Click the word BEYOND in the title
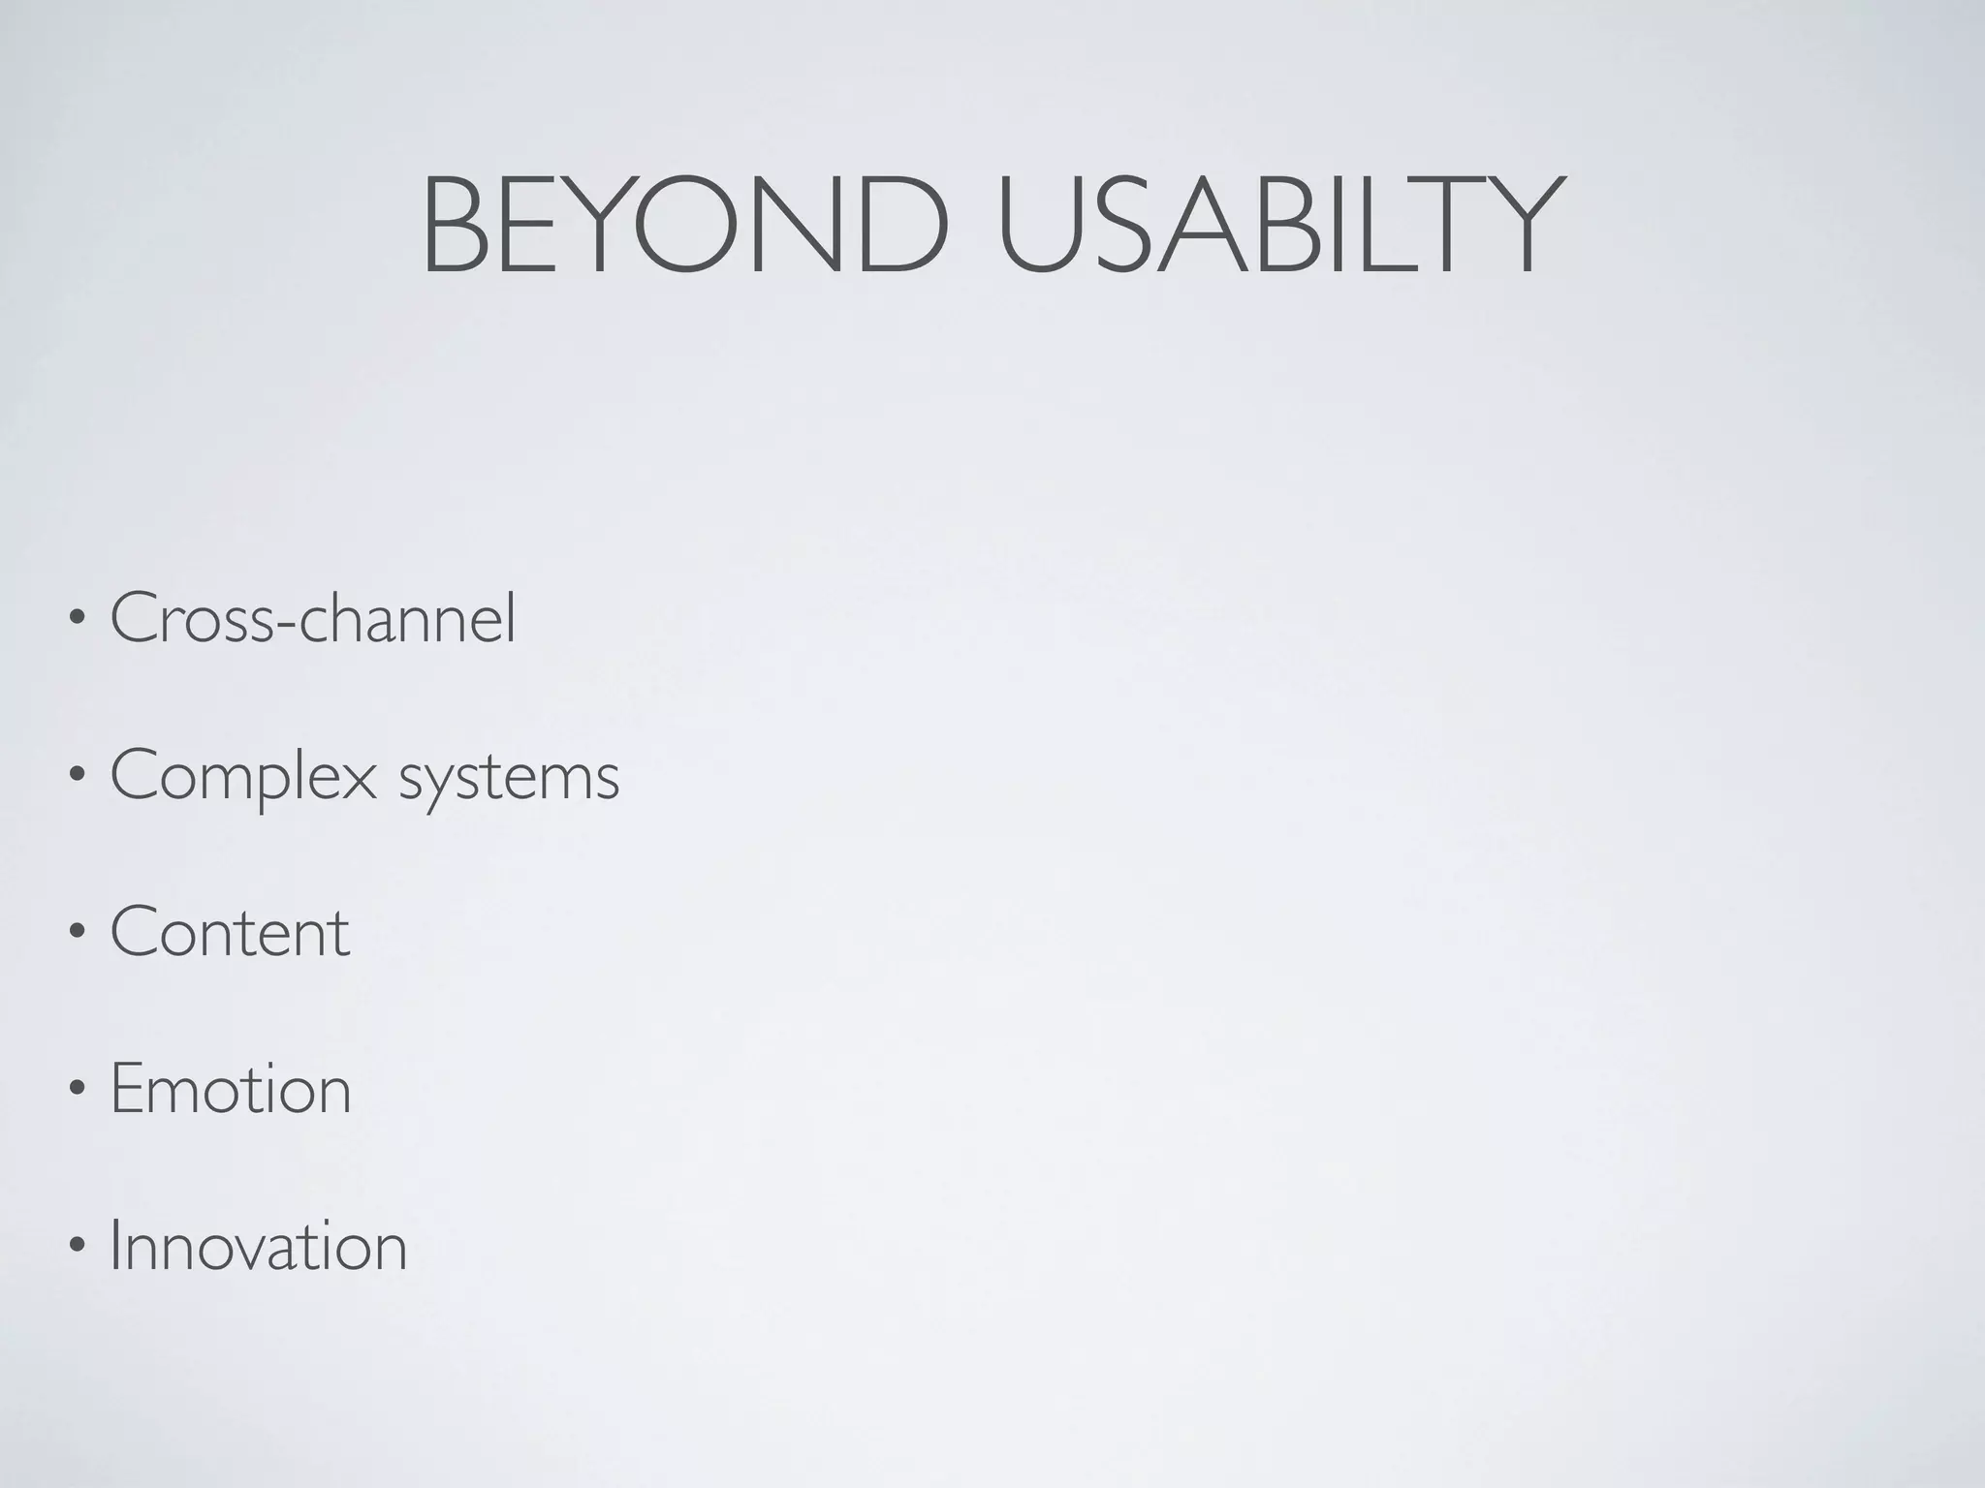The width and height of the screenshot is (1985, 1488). click(x=684, y=227)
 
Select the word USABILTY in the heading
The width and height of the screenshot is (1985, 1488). click(x=1280, y=227)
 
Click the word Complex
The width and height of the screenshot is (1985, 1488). click(x=243, y=777)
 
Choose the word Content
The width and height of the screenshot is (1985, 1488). click(x=230, y=932)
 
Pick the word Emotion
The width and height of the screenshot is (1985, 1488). click(x=231, y=1089)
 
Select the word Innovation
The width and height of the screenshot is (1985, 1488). click(x=259, y=1246)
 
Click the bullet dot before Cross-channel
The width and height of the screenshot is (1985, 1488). click(x=76, y=620)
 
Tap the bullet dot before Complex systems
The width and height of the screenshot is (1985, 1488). click(x=76, y=777)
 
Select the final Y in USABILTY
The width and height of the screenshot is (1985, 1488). click(x=1518, y=227)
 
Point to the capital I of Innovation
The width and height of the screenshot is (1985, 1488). click(x=115, y=1246)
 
